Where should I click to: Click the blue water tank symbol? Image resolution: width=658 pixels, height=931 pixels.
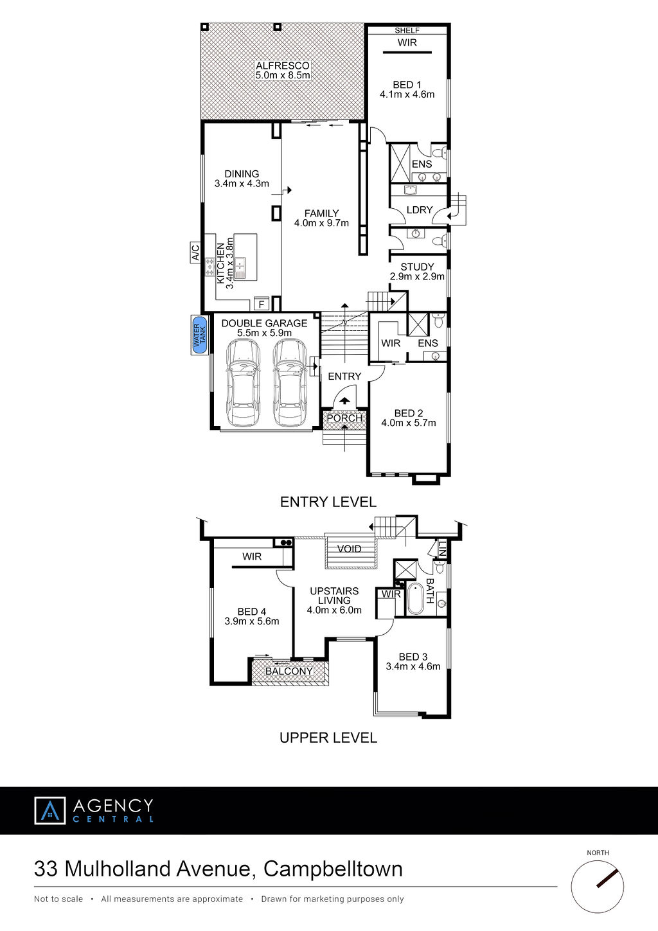tap(200, 335)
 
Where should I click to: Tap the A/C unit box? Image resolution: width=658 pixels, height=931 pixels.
tap(195, 253)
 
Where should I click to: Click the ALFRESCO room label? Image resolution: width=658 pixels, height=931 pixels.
tap(283, 66)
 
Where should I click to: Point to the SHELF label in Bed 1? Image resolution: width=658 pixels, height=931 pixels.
tap(407, 30)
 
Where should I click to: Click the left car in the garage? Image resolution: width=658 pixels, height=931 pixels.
tap(243, 382)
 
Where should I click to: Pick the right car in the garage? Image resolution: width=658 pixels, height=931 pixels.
tap(290, 382)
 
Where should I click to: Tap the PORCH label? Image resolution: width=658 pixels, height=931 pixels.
tap(344, 418)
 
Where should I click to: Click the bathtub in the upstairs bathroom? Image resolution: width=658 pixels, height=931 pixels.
tap(415, 599)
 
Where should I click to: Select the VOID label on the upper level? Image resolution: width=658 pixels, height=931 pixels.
tap(349, 549)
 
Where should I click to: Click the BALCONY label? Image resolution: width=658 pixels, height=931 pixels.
tap(289, 671)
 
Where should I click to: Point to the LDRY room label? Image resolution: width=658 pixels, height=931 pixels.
tap(420, 210)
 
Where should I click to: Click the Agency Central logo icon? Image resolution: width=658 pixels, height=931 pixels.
tap(50, 810)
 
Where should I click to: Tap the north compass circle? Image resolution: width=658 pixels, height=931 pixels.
tap(598, 887)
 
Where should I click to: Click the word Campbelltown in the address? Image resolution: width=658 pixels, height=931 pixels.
tap(333, 869)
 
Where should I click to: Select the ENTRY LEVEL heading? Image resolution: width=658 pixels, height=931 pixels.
tap(328, 502)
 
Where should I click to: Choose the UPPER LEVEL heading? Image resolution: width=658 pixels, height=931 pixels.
tap(328, 738)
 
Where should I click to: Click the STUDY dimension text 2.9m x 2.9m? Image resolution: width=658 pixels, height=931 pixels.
tap(417, 276)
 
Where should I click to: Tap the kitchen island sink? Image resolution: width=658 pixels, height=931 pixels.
tap(240, 268)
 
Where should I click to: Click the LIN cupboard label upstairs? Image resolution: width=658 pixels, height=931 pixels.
tap(442, 549)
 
